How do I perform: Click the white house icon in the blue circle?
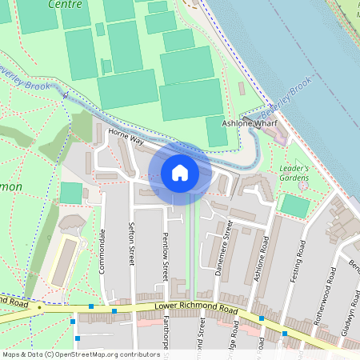(180, 172)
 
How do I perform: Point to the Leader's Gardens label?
(299, 174)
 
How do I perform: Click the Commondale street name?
(102, 250)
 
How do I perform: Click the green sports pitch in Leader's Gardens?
(295, 206)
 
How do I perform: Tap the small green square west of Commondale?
(71, 193)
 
